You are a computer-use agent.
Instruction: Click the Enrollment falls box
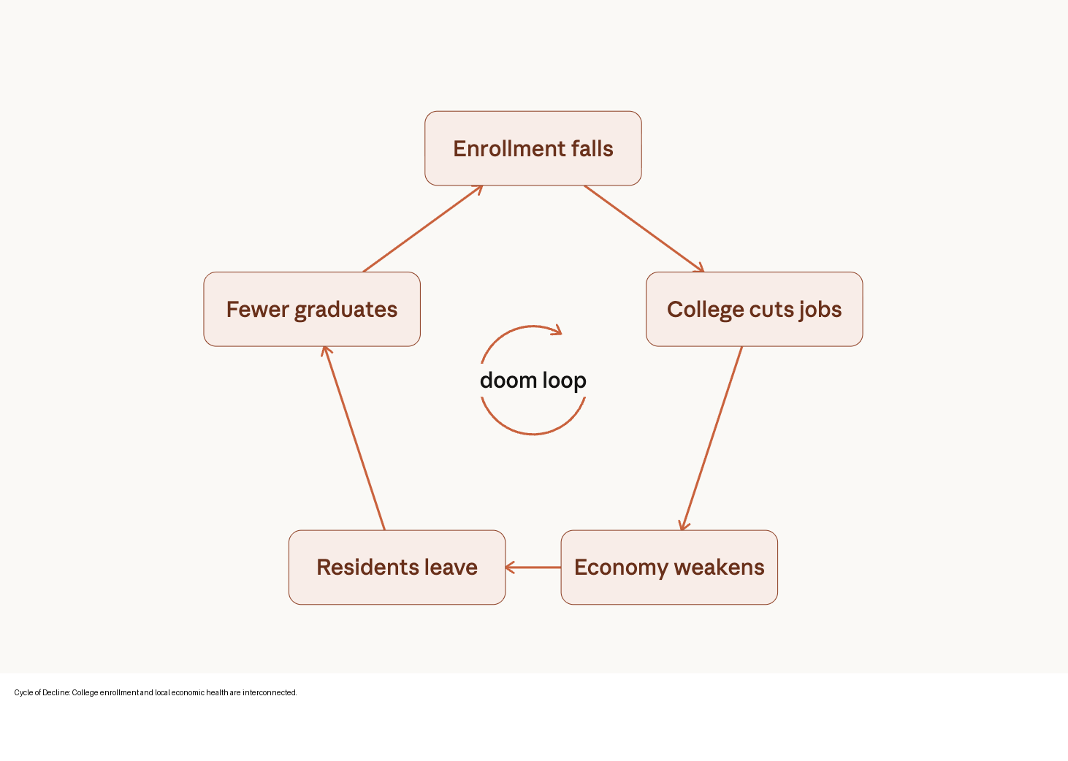click(533, 148)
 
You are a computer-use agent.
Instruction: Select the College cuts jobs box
click(754, 309)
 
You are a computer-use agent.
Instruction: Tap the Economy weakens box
click(668, 567)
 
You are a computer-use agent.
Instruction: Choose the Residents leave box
click(397, 567)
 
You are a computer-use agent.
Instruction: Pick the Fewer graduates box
click(312, 309)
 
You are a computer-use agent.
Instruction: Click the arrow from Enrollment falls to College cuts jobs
click(644, 229)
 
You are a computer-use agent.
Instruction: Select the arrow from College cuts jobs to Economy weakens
click(712, 438)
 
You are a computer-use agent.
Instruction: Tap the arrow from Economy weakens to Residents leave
click(533, 567)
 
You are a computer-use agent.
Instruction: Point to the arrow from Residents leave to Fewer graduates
click(354, 438)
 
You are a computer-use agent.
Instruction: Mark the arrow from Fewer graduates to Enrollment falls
click(423, 229)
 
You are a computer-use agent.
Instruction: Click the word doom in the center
click(508, 380)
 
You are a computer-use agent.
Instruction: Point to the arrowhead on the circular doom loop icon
click(557, 331)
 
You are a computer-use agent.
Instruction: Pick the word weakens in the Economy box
click(719, 567)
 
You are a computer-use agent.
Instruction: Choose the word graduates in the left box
click(346, 310)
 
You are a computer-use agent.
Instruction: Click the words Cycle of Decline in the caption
click(42, 692)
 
